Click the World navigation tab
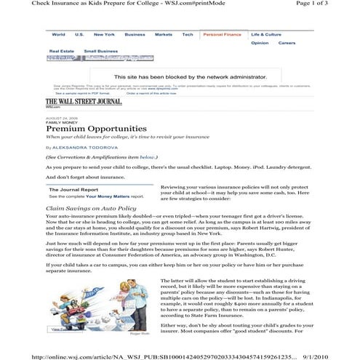[x=58, y=34]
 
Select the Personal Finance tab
[x=222, y=34]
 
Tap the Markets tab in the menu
[x=164, y=34]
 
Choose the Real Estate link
[x=61, y=51]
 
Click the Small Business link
[x=101, y=51]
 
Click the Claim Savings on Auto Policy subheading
[x=91, y=208]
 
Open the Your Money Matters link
[x=105, y=196]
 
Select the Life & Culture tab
[x=266, y=34]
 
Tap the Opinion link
[x=260, y=43]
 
